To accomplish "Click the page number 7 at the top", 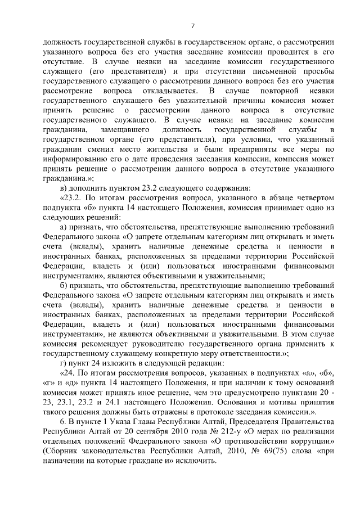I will [x=192, y=26].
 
